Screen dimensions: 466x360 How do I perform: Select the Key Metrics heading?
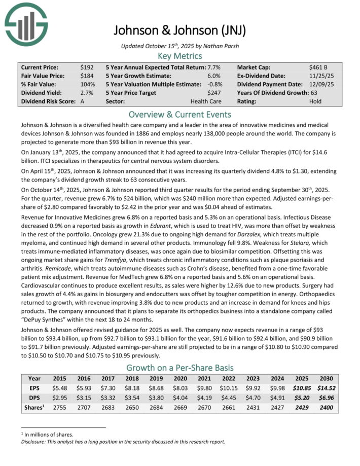[179, 56]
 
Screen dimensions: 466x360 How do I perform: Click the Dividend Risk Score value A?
[82, 101]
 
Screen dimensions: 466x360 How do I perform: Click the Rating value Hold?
[316, 101]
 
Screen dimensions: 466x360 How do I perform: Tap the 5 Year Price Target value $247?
[215, 93]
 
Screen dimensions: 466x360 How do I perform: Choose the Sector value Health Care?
[205, 101]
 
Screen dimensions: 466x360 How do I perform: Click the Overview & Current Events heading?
[179, 114]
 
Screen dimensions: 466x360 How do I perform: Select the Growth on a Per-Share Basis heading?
[179, 368]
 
